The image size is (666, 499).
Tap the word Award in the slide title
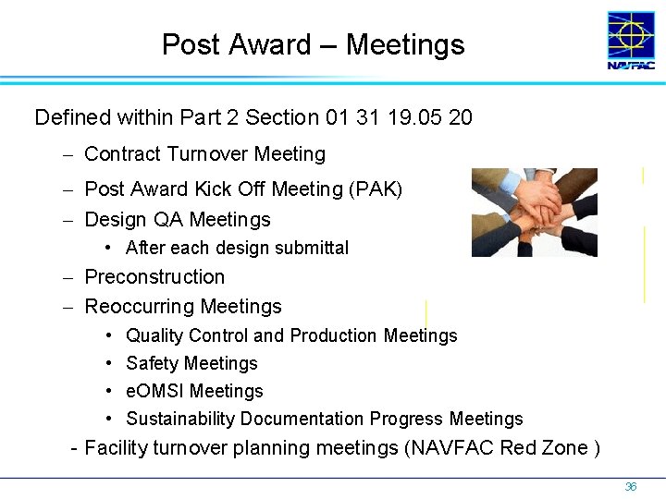(264, 44)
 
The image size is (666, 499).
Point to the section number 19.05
(416, 117)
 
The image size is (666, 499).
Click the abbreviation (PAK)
(376, 189)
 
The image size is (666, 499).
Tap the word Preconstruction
(154, 277)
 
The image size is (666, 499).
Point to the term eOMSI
(154, 391)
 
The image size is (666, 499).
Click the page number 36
(631, 486)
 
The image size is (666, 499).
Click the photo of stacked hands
(534, 212)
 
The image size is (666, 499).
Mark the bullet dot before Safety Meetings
(108, 363)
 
